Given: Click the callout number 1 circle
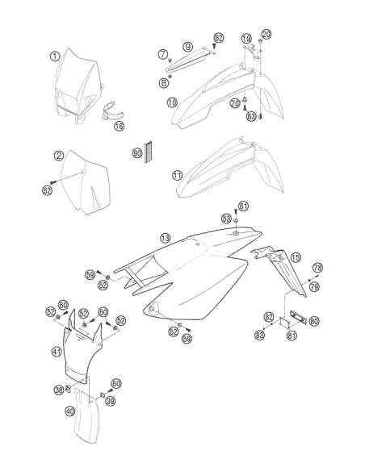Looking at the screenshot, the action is [x=55, y=56].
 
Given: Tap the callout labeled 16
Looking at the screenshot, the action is [x=119, y=126].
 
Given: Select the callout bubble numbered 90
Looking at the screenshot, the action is [x=137, y=153].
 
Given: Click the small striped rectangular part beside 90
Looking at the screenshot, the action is [x=149, y=152].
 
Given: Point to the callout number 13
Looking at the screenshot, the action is [x=165, y=239].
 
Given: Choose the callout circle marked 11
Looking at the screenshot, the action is [x=178, y=175].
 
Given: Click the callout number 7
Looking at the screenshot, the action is [x=163, y=54].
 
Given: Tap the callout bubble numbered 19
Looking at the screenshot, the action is [x=246, y=39].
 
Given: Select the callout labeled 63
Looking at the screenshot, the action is [x=251, y=116].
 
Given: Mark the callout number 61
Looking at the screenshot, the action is [x=244, y=206].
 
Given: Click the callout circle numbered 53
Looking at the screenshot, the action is [x=227, y=219].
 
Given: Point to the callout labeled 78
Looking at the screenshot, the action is [x=317, y=267].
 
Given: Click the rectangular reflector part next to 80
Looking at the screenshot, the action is [x=298, y=317].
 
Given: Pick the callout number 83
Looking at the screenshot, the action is [x=259, y=335].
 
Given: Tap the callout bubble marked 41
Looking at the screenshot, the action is [x=57, y=352].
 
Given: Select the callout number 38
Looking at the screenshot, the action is [x=59, y=390].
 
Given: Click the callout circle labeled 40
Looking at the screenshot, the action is [x=70, y=411].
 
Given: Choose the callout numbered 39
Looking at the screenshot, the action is [x=111, y=401].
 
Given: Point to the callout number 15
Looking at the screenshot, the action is [x=296, y=257].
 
